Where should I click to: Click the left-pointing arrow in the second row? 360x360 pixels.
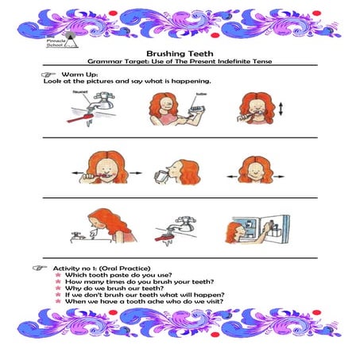(79, 169)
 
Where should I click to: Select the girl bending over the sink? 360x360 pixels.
(108, 226)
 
